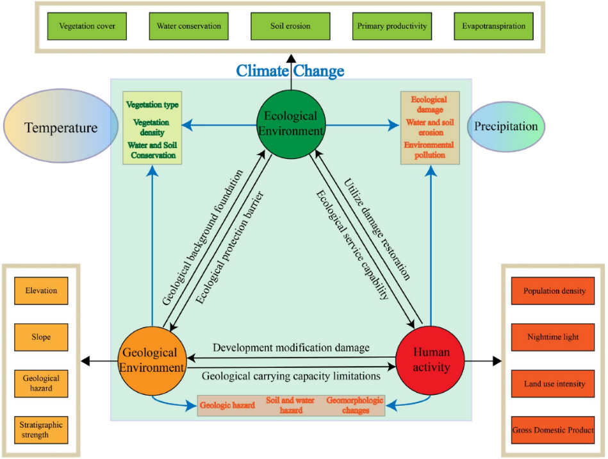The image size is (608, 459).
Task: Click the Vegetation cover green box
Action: pos(86,27)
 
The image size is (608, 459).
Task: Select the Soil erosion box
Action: pos(291,27)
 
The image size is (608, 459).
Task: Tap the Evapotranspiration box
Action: pos(493,27)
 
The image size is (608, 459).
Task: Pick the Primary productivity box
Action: pos(390,27)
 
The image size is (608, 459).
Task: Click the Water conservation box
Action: pos(189,27)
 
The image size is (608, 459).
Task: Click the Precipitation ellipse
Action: pos(505,126)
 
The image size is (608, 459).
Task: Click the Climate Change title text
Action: pos(290,71)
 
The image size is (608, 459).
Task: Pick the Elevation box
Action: pos(42,291)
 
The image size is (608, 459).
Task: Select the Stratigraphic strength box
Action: pos(42,430)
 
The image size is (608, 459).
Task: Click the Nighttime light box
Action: pos(554,337)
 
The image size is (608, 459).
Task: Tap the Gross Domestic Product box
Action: pos(554,430)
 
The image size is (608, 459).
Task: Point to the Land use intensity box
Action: pos(554,384)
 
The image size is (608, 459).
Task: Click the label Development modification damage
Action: pos(292,348)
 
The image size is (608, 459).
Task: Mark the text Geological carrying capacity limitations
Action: pos(292,376)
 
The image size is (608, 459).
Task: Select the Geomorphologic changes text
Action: pos(355,405)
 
